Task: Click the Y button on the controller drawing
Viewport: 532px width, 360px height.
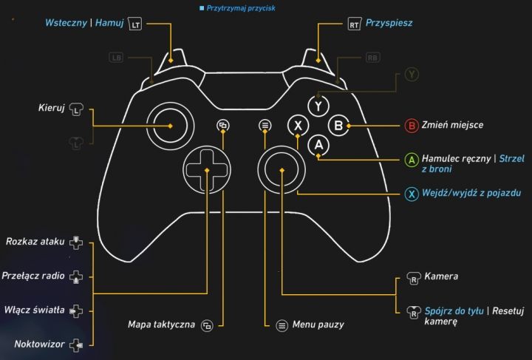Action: (318, 106)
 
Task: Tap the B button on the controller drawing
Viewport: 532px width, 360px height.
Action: (338, 126)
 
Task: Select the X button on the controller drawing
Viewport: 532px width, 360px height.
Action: (298, 126)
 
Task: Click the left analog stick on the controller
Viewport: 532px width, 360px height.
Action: (171, 126)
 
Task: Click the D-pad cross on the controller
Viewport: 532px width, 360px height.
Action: (208, 170)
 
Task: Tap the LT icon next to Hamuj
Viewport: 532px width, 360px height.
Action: (134, 24)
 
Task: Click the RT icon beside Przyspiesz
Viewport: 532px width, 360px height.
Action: (354, 24)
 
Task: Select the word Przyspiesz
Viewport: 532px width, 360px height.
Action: (389, 24)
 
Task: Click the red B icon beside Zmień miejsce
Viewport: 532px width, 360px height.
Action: (412, 126)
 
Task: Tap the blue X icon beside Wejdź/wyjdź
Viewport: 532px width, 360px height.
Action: (412, 195)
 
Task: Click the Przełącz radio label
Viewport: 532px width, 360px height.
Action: (33, 275)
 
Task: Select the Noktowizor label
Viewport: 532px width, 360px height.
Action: (38, 344)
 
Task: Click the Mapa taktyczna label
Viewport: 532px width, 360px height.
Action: (161, 325)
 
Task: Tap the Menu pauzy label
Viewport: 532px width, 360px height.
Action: (318, 325)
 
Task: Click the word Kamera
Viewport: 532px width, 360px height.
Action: (441, 276)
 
